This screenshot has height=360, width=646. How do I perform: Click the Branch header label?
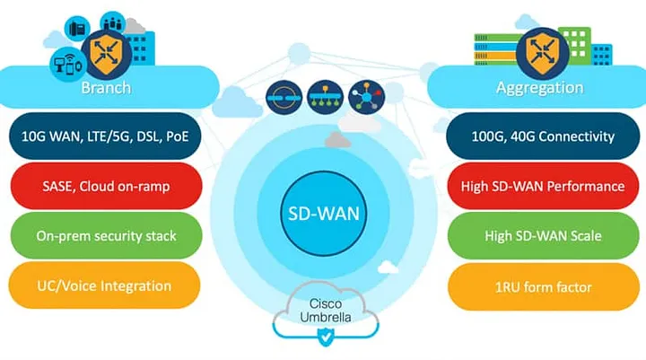106,88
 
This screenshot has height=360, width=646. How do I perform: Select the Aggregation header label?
539,88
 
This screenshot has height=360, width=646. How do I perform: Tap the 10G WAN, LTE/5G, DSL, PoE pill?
105,136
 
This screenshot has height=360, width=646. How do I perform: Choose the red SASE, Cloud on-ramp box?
105,186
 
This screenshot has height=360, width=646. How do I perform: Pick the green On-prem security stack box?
105,236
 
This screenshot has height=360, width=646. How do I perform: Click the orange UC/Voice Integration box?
105,285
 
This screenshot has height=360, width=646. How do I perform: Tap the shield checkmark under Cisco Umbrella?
323,337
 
